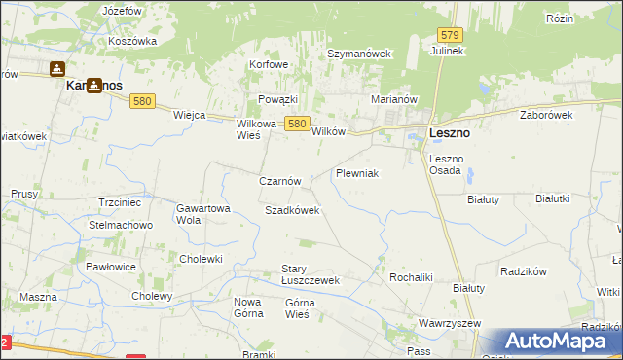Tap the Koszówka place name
tap(132, 41)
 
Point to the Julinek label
tap(448, 51)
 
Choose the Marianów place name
tap(394, 99)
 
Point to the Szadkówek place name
tap(292, 210)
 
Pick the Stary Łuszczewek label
tap(309, 274)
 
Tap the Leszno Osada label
tap(448, 164)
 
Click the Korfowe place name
tap(270, 65)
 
